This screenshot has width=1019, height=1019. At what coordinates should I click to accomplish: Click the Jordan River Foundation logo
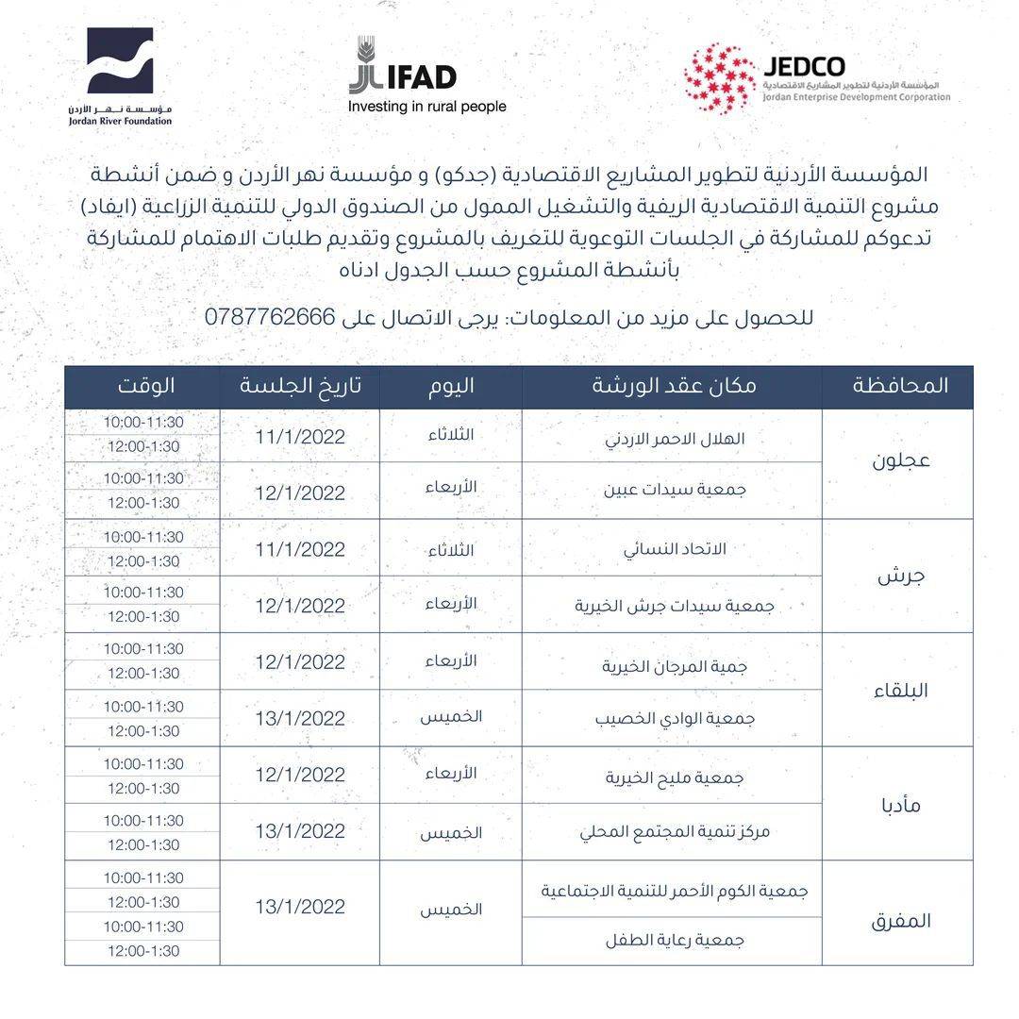click(120, 76)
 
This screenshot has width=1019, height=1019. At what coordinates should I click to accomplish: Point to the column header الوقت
click(146, 386)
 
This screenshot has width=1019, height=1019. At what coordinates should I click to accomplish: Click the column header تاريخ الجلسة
click(301, 386)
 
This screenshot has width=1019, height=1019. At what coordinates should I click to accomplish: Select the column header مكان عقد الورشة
click(674, 386)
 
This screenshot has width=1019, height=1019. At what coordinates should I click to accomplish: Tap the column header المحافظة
click(899, 386)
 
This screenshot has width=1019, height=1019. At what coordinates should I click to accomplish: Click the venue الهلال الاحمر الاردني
click(675, 439)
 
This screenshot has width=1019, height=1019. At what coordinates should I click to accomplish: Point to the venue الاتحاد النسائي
click(675, 549)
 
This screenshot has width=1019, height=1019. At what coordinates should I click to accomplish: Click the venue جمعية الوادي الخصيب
click(675, 718)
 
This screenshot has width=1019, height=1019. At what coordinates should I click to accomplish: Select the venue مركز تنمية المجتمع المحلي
click(675, 832)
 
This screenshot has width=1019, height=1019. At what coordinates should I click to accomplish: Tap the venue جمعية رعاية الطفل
click(675, 940)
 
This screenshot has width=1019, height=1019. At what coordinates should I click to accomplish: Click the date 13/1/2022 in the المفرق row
click(300, 907)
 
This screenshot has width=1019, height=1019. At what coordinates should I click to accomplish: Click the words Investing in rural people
click(427, 107)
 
